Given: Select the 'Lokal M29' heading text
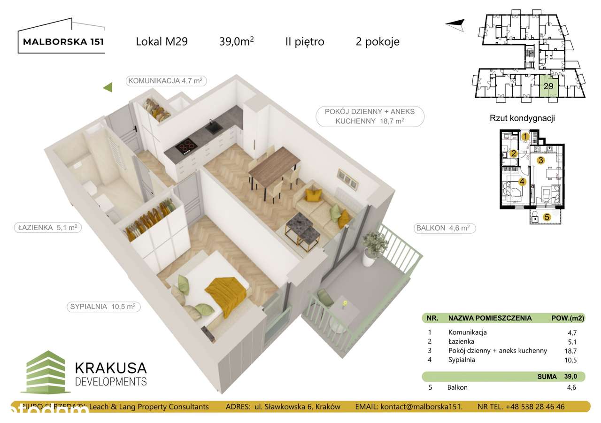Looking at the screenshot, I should pos(162,41).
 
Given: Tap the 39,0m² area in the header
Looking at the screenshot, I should pos(236,41).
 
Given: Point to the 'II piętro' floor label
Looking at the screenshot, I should pos(305,41).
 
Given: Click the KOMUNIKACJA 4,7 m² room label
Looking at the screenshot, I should pos(166,81).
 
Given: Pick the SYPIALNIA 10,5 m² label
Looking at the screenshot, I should pos(103,307).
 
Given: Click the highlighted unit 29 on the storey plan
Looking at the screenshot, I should pos(548,86).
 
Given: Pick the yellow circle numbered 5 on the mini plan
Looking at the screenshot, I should pos(547,217).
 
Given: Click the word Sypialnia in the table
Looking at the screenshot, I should pos(462,360).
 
